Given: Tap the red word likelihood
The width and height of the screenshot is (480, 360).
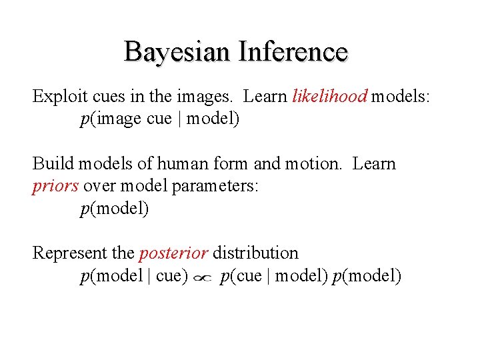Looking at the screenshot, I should (329, 97).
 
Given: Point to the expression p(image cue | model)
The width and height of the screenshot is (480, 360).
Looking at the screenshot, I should (159, 119).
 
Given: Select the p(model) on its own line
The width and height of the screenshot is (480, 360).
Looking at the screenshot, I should (115, 209).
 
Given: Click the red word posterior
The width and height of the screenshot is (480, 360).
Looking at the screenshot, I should (173, 253).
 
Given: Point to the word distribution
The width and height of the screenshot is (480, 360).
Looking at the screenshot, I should (255, 253).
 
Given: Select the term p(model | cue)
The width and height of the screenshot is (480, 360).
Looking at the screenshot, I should (134, 276).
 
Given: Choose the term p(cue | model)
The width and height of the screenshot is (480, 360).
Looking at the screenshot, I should (274, 276).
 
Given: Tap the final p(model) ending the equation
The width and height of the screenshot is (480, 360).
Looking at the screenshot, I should (367, 276).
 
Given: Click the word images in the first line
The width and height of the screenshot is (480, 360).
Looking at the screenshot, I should (204, 97).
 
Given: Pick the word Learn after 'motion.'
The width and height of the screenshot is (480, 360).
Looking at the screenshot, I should (374, 164).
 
